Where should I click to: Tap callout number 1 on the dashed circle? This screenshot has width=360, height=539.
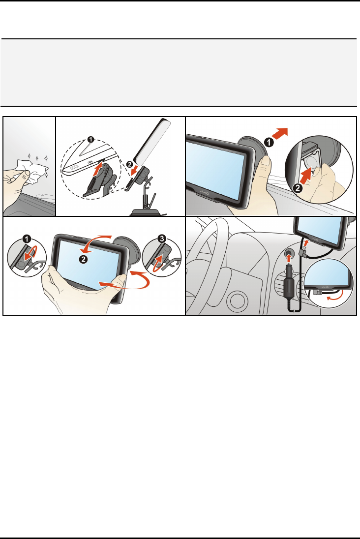pyautogui.click(x=90, y=140)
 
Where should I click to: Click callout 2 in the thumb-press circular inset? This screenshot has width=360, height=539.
pyautogui.click(x=298, y=188)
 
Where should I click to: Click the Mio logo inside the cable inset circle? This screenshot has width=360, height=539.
pyautogui.click(x=325, y=286)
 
